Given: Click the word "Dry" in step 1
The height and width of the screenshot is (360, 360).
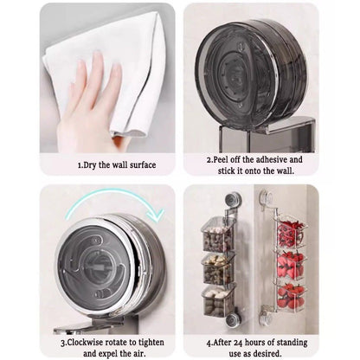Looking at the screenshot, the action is pyautogui.click(x=90, y=165).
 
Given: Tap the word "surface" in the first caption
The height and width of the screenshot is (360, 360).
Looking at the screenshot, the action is pyautogui.click(x=143, y=165).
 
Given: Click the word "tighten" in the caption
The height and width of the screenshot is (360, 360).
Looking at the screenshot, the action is pyautogui.click(x=151, y=343).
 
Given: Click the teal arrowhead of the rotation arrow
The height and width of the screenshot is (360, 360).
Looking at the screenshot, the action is pyautogui.click(x=156, y=215).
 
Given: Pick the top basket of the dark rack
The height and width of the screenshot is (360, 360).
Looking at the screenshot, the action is pyautogui.click(x=218, y=235).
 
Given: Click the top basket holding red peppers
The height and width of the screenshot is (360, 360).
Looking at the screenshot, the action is pyautogui.click(x=291, y=232).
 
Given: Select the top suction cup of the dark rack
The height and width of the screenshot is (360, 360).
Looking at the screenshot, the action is pyautogui.click(x=233, y=199).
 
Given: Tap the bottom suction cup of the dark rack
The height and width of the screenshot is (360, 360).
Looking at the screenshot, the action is pyautogui.click(x=233, y=320).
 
